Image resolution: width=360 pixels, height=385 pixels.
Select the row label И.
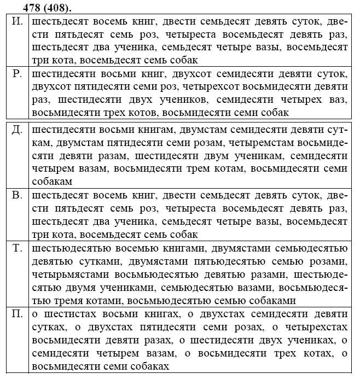click(x=17, y=22)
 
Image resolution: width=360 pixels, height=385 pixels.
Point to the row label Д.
click(x=17, y=131)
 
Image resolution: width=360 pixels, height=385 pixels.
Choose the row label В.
click(x=16, y=195)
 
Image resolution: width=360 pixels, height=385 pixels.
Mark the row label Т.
click(x=17, y=248)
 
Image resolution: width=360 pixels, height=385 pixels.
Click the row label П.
click(x=17, y=313)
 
